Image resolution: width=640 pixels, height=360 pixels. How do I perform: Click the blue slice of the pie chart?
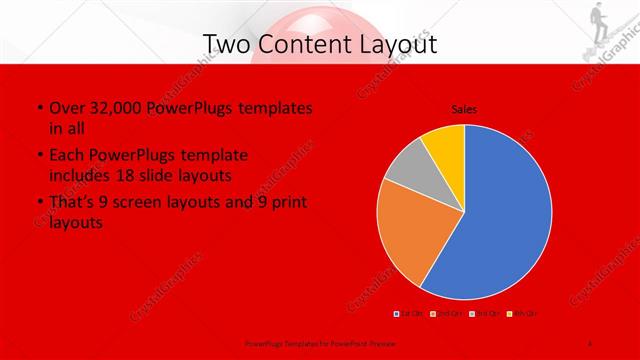pos(505,215)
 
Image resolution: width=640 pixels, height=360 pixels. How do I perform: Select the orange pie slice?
pos(412,235)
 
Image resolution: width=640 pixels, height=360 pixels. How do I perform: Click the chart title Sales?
pos(463,108)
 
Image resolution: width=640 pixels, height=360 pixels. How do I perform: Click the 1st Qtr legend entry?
pos(407,313)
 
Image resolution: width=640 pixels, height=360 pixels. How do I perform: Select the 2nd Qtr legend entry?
pos(445,313)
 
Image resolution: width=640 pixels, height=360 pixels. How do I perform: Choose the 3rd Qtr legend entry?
pos(484,313)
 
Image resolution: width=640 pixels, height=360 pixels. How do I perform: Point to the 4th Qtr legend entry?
pos(523,313)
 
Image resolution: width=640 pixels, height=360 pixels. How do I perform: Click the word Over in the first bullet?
pos(64,108)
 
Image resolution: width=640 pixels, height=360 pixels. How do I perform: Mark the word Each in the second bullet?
pos(65,155)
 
